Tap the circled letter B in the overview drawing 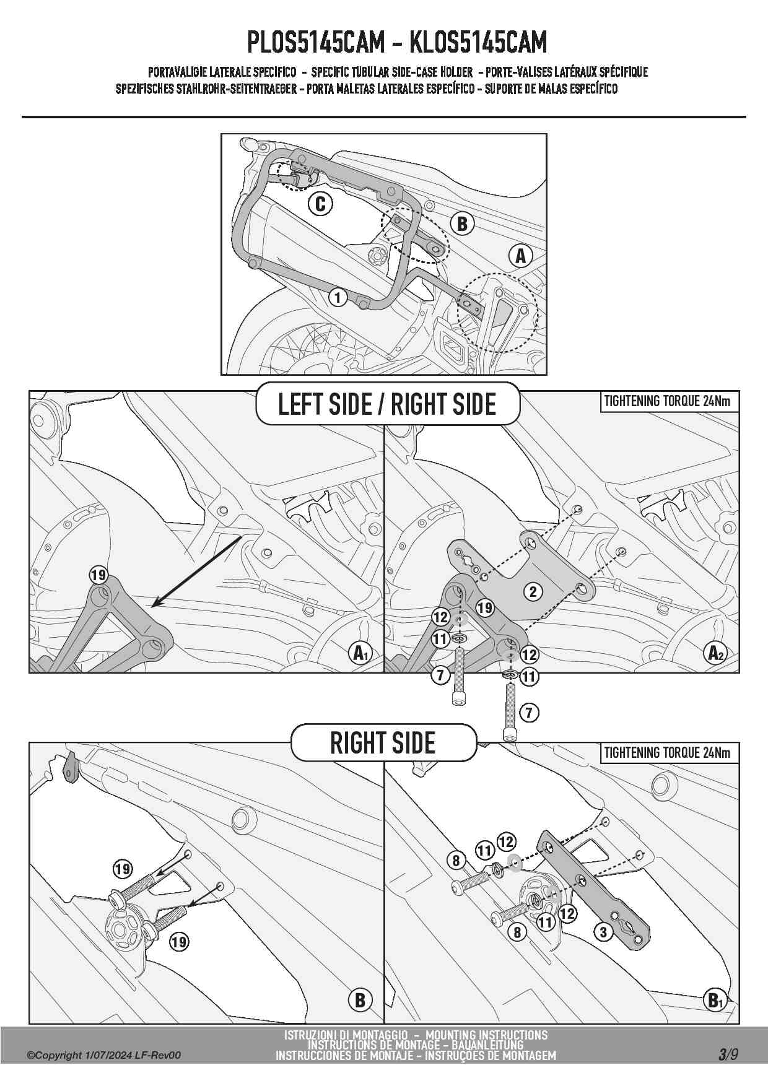pos(462,224)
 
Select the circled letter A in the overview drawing pos(521,255)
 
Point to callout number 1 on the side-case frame pos(338,298)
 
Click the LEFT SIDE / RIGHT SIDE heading pos(387,404)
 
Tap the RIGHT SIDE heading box pos(383,742)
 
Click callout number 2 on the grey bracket pos(533,591)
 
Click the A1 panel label pos(360,653)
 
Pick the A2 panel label pos(715,653)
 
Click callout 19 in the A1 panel pos(98,575)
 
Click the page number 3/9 pos(728,1054)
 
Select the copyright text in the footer pos(104,1055)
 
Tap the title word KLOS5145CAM pos(479,42)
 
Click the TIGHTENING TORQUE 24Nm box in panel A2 pos(668,401)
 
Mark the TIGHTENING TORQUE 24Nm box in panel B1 pos(668,753)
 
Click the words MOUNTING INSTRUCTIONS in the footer pos(486,1035)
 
